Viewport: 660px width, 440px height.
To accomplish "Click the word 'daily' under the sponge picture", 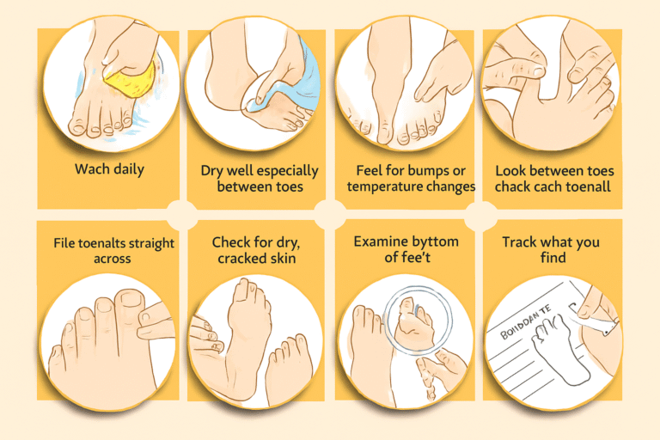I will coord(127,169).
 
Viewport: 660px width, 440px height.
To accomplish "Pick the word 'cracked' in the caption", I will coord(236,260).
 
